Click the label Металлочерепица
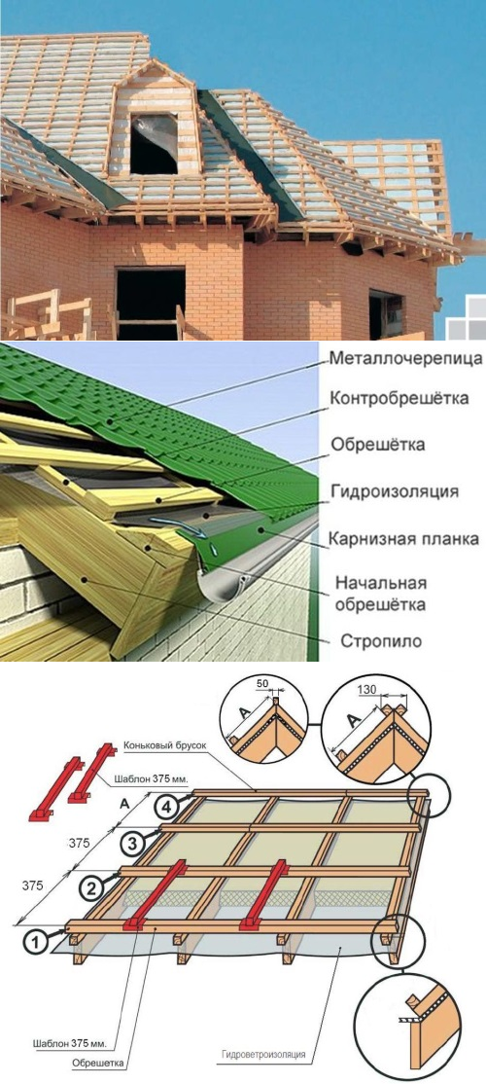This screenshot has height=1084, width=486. pos(406,360)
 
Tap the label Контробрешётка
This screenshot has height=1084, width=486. pos(399,399)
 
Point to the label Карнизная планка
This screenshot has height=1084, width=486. pos(403,538)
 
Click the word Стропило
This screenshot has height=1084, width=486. pos(381,640)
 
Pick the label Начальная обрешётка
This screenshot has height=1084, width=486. pos(380,595)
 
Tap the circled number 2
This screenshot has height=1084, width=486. pos(93,885)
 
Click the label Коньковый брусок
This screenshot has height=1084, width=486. pos(165,746)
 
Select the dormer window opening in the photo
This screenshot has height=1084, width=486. pos(154,144)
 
